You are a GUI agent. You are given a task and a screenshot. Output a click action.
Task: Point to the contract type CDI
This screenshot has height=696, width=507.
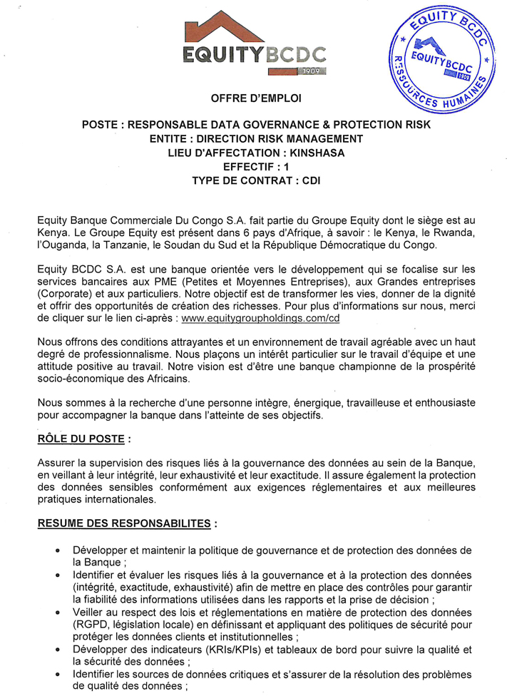tap(312, 180)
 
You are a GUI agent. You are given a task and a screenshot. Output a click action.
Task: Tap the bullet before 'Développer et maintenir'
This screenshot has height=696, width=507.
tap(57, 551)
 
